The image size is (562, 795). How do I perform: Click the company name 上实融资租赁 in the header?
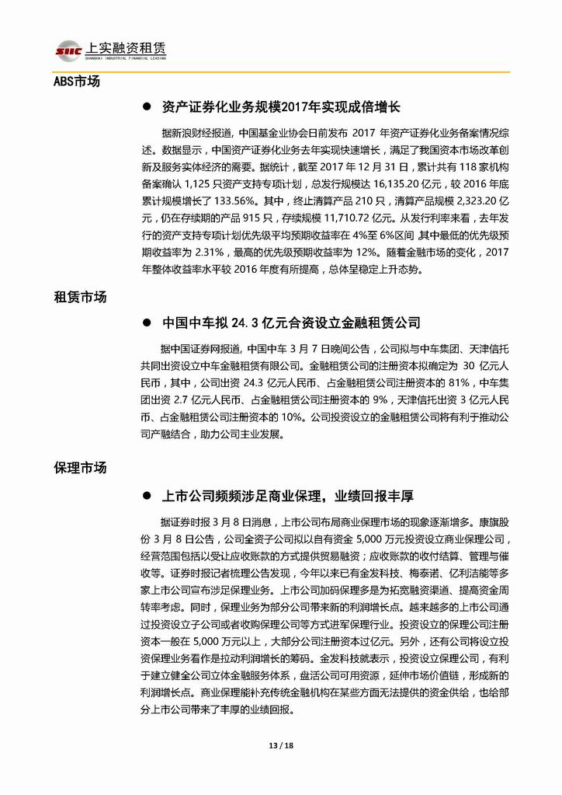127,47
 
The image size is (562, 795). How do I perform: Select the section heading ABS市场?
77,81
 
